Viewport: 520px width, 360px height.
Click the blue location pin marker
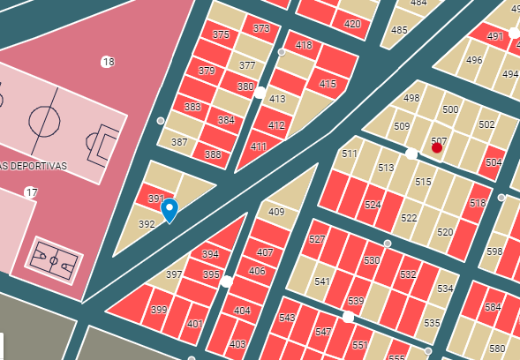(x=170, y=210)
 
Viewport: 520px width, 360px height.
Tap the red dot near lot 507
(x=437, y=147)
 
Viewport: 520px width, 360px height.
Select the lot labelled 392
(x=147, y=224)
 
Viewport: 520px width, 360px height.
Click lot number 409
(x=276, y=212)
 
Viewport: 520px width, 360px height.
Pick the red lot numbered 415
(x=328, y=85)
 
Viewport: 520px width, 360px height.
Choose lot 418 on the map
(x=304, y=45)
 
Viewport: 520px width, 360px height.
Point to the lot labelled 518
(x=478, y=204)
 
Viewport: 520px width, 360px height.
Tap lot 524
(x=373, y=205)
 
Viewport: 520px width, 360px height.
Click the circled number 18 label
(x=108, y=62)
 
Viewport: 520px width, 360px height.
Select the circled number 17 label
(x=31, y=192)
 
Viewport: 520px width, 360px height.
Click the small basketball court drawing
(x=54, y=259)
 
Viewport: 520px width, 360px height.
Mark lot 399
(x=159, y=310)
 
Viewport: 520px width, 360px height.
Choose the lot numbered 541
(x=322, y=281)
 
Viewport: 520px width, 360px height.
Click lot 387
(x=179, y=141)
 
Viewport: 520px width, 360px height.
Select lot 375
(x=221, y=34)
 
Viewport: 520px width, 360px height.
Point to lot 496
(x=474, y=60)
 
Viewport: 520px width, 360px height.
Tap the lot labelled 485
(x=399, y=31)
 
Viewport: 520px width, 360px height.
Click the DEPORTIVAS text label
(x=34, y=166)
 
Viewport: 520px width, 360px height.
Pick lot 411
(x=259, y=146)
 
